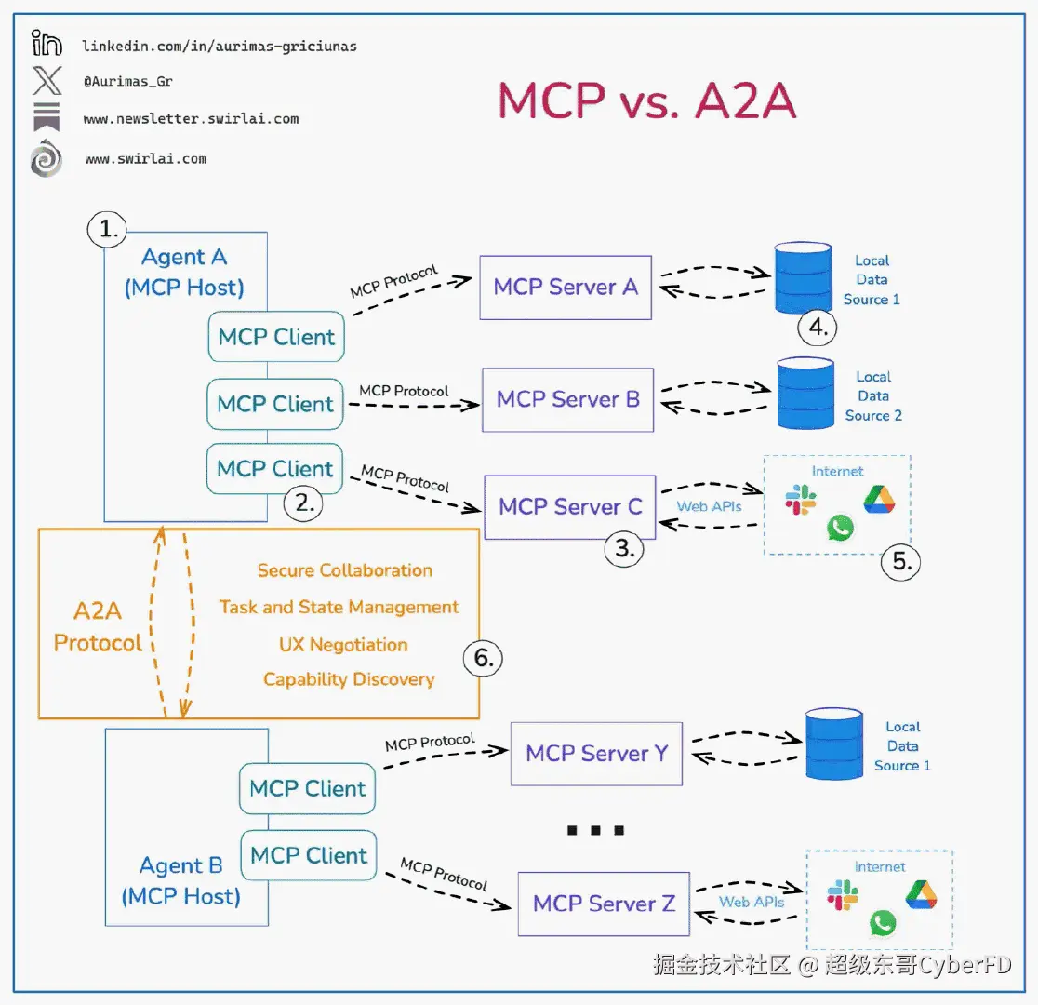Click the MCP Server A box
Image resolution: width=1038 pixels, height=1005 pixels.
pyautogui.click(x=565, y=288)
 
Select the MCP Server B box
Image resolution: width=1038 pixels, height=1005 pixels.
pyautogui.click(x=567, y=400)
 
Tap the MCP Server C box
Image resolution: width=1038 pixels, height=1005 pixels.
pyautogui.click(x=569, y=507)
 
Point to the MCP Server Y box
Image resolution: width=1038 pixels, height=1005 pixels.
pyautogui.click(x=596, y=753)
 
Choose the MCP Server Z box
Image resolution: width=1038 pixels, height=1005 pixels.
pyautogui.click(x=603, y=903)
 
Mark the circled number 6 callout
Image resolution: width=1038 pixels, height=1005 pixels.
pyautogui.click(x=483, y=658)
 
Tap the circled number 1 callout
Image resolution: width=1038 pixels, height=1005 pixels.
pyautogui.click(x=107, y=229)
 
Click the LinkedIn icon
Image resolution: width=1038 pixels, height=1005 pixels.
pyautogui.click(x=47, y=44)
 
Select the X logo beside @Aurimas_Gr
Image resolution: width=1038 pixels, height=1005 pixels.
pyautogui.click(x=47, y=81)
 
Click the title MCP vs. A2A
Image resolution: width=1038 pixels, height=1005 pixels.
pyautogui.click(x=647, y=100)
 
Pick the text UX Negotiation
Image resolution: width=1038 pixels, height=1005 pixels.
pyautogui.click(x=343, y=645)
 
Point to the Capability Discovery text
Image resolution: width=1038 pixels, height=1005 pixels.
pyautogui.click(x=349, y=679)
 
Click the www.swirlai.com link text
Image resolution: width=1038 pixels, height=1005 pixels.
pyautogui.click(x=145, y=159)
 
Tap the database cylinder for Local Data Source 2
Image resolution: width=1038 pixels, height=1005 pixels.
pyautogui.click(x=805, y=395)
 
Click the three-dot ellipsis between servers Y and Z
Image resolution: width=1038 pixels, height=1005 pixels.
pyautogui.click(x=595, y=830)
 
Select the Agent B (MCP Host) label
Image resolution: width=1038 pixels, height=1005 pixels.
pyautogui.click(x=181, y=881)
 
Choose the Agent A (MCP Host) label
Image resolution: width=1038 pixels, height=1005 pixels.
pyautogui.click(x=184, y=272)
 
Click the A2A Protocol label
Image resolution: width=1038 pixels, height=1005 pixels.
pyautogui.click(x=98, y=627)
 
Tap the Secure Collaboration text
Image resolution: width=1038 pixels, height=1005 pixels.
pyautogui.click(x=345, y=570)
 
